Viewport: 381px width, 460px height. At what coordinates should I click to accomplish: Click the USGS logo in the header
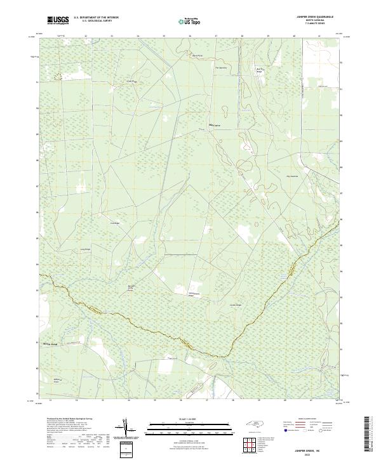point(58,21)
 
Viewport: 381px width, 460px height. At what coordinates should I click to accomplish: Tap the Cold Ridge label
point(115,223)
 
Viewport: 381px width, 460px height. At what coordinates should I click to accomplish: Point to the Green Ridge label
point(131,81)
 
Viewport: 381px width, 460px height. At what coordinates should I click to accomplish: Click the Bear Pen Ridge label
point(259,70)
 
